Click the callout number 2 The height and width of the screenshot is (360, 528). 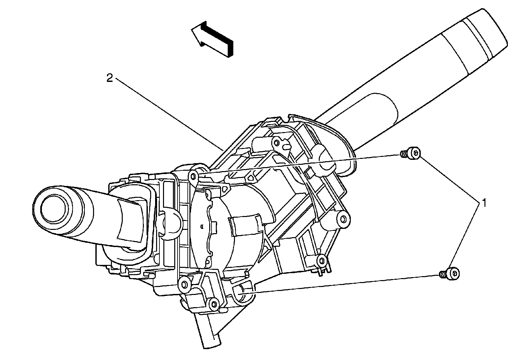pyautogui.click(x=110, y=78)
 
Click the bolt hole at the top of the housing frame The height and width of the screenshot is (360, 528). pyautogui.click(x=276, y=142)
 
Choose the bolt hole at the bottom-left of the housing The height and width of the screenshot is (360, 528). pyautogui.click(x=184, y=283)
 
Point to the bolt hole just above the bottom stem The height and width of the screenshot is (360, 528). pyautogui.click(x=215, y=304)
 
